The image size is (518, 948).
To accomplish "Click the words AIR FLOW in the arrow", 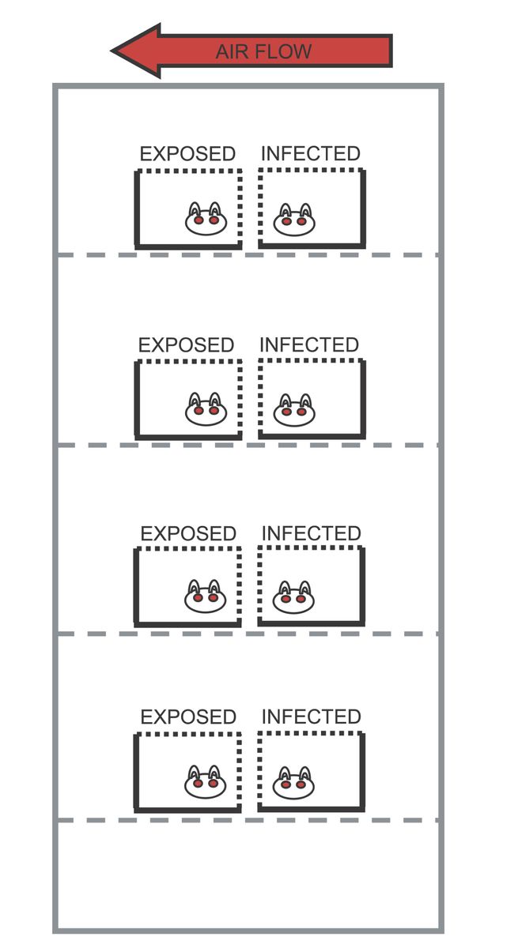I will point(263,52).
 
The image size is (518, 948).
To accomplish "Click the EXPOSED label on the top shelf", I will point(187,154).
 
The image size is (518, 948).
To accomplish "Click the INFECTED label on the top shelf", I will point(310,154).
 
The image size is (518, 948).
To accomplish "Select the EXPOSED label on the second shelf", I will point(187,345).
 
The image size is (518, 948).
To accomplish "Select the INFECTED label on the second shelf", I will point(309,345).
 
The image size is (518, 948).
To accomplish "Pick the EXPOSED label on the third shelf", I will point(188,534).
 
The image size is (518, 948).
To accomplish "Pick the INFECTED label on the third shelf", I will point(311,534).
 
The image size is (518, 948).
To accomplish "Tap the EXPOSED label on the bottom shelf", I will point(188,717).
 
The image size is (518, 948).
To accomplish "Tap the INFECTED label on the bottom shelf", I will point(311,717).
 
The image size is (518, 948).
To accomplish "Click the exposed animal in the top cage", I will point(206,220).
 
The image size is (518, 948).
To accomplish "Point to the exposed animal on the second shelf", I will point(206,409).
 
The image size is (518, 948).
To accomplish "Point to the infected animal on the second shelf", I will point(293,410).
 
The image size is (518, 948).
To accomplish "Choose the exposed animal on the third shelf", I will point(206,597).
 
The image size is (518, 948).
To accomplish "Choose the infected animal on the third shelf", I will point(293,598).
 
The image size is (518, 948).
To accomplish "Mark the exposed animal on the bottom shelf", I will point(206,782).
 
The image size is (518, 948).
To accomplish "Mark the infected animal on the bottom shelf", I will point(293,783).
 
